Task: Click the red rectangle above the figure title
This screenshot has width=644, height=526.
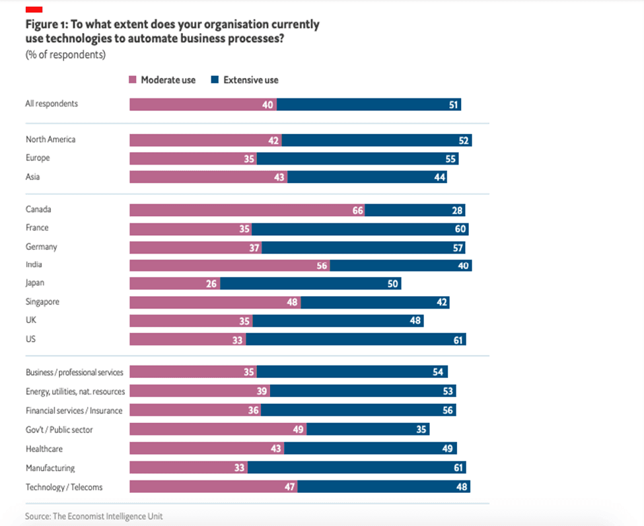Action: pyautogui.click(x=34, y=9)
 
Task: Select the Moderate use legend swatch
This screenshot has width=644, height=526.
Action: pyautogui.click(x=133, y=80)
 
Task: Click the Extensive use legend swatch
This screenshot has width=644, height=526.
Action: pyautogui.click(x=215, y=80)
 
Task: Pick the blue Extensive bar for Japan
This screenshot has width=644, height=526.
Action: pyautogui.click(x=310, y=283)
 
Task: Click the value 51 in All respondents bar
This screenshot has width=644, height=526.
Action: pyautogui.click(x=453, y=104)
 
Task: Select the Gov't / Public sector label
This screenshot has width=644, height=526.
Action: pyautogui.click(x=59, y=430)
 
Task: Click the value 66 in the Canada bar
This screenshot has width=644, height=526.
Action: pyautogui.click(x=357, y=210)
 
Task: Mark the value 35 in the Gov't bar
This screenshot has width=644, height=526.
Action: pyautogui.click(x=420, y=430)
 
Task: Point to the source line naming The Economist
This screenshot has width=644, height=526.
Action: pyautogui.click(x=93, y=515)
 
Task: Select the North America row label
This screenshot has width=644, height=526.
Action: pyautogui.click(x=50, y=139)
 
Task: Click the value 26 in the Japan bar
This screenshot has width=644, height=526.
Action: pyautogui.click(x=211, y=283)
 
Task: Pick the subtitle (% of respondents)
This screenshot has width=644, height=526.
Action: pyautogui.click(x=65, y=56)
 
